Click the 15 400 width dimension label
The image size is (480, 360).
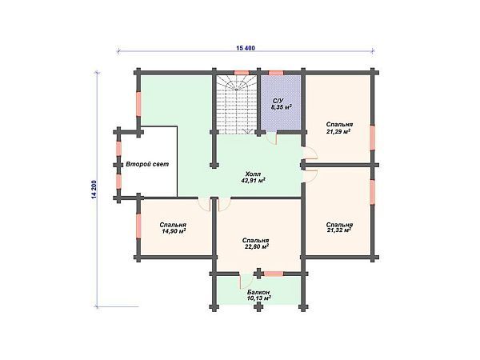pos(246,48)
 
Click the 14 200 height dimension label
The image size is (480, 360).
pos(94,190)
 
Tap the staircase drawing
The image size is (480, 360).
pos(237,105)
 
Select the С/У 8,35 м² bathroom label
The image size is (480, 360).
pos(281,104)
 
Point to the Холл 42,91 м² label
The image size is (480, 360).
pos(253,177)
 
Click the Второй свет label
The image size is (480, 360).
pos(147,164)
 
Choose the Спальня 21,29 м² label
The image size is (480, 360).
pos(339,128)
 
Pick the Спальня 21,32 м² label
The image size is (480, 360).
pos(339,227)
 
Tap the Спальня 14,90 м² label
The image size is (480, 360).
pos(173,228)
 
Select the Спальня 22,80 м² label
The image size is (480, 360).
pos(256,243)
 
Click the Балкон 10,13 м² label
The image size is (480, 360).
pos(258,295)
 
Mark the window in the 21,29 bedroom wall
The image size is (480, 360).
pos(373,138)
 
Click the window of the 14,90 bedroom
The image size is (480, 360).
pos(138,226)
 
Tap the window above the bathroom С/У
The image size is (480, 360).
pos(276,73)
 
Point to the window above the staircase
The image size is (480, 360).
pos(242,73)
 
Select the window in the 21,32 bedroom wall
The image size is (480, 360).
pos(373,192)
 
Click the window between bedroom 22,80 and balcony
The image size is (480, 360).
pos(274,274)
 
